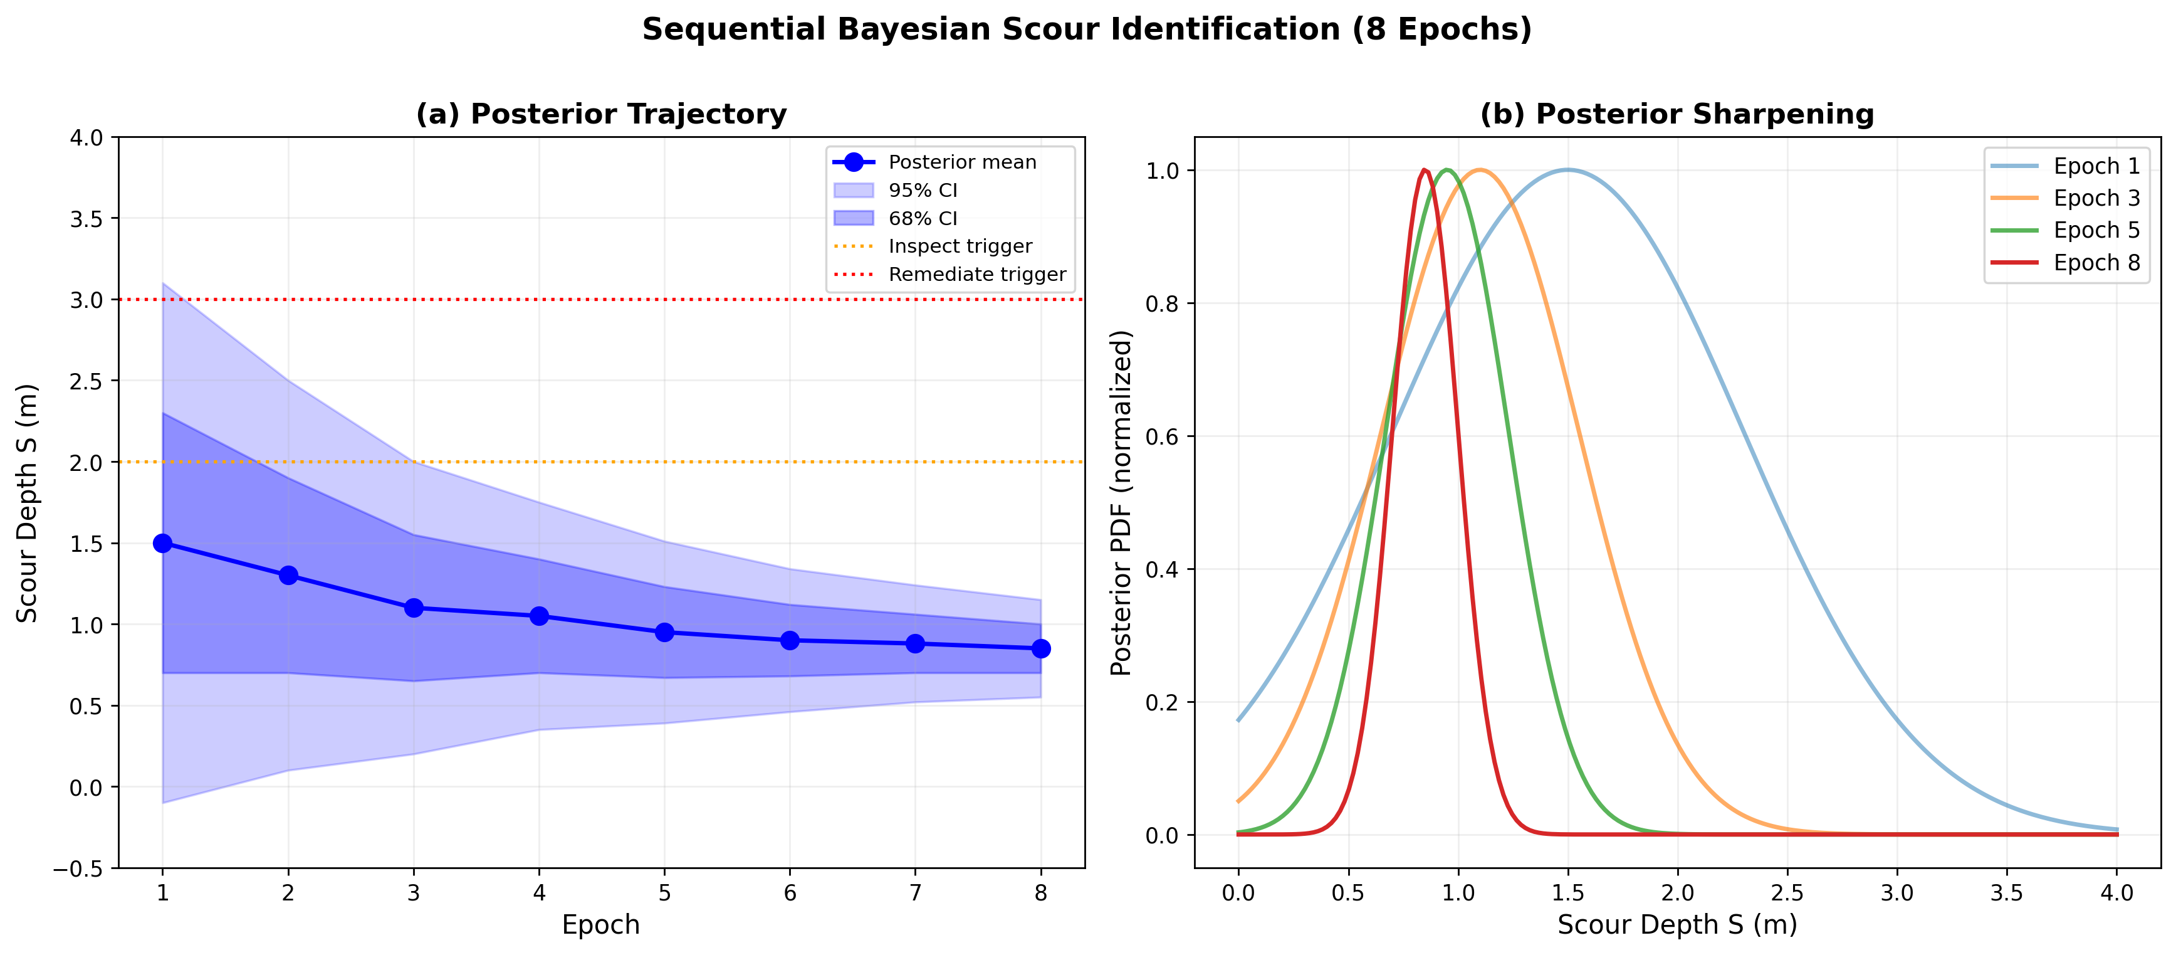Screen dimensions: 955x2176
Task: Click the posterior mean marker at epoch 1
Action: point(163,544)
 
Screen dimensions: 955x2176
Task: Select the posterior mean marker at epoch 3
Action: point(414,608)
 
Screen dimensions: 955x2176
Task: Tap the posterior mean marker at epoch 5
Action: point(665,632)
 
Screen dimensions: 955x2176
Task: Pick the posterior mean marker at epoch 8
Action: point(1041,648)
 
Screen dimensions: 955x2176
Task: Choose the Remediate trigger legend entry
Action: point(976,275)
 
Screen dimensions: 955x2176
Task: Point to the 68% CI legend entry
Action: point(923,219)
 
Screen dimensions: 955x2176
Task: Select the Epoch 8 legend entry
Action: point(2096,263)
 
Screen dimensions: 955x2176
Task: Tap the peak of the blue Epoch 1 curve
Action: point(1568,170)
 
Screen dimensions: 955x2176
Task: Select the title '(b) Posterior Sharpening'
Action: point(1676,114)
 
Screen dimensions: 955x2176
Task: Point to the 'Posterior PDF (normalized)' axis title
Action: point(1121,503)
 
